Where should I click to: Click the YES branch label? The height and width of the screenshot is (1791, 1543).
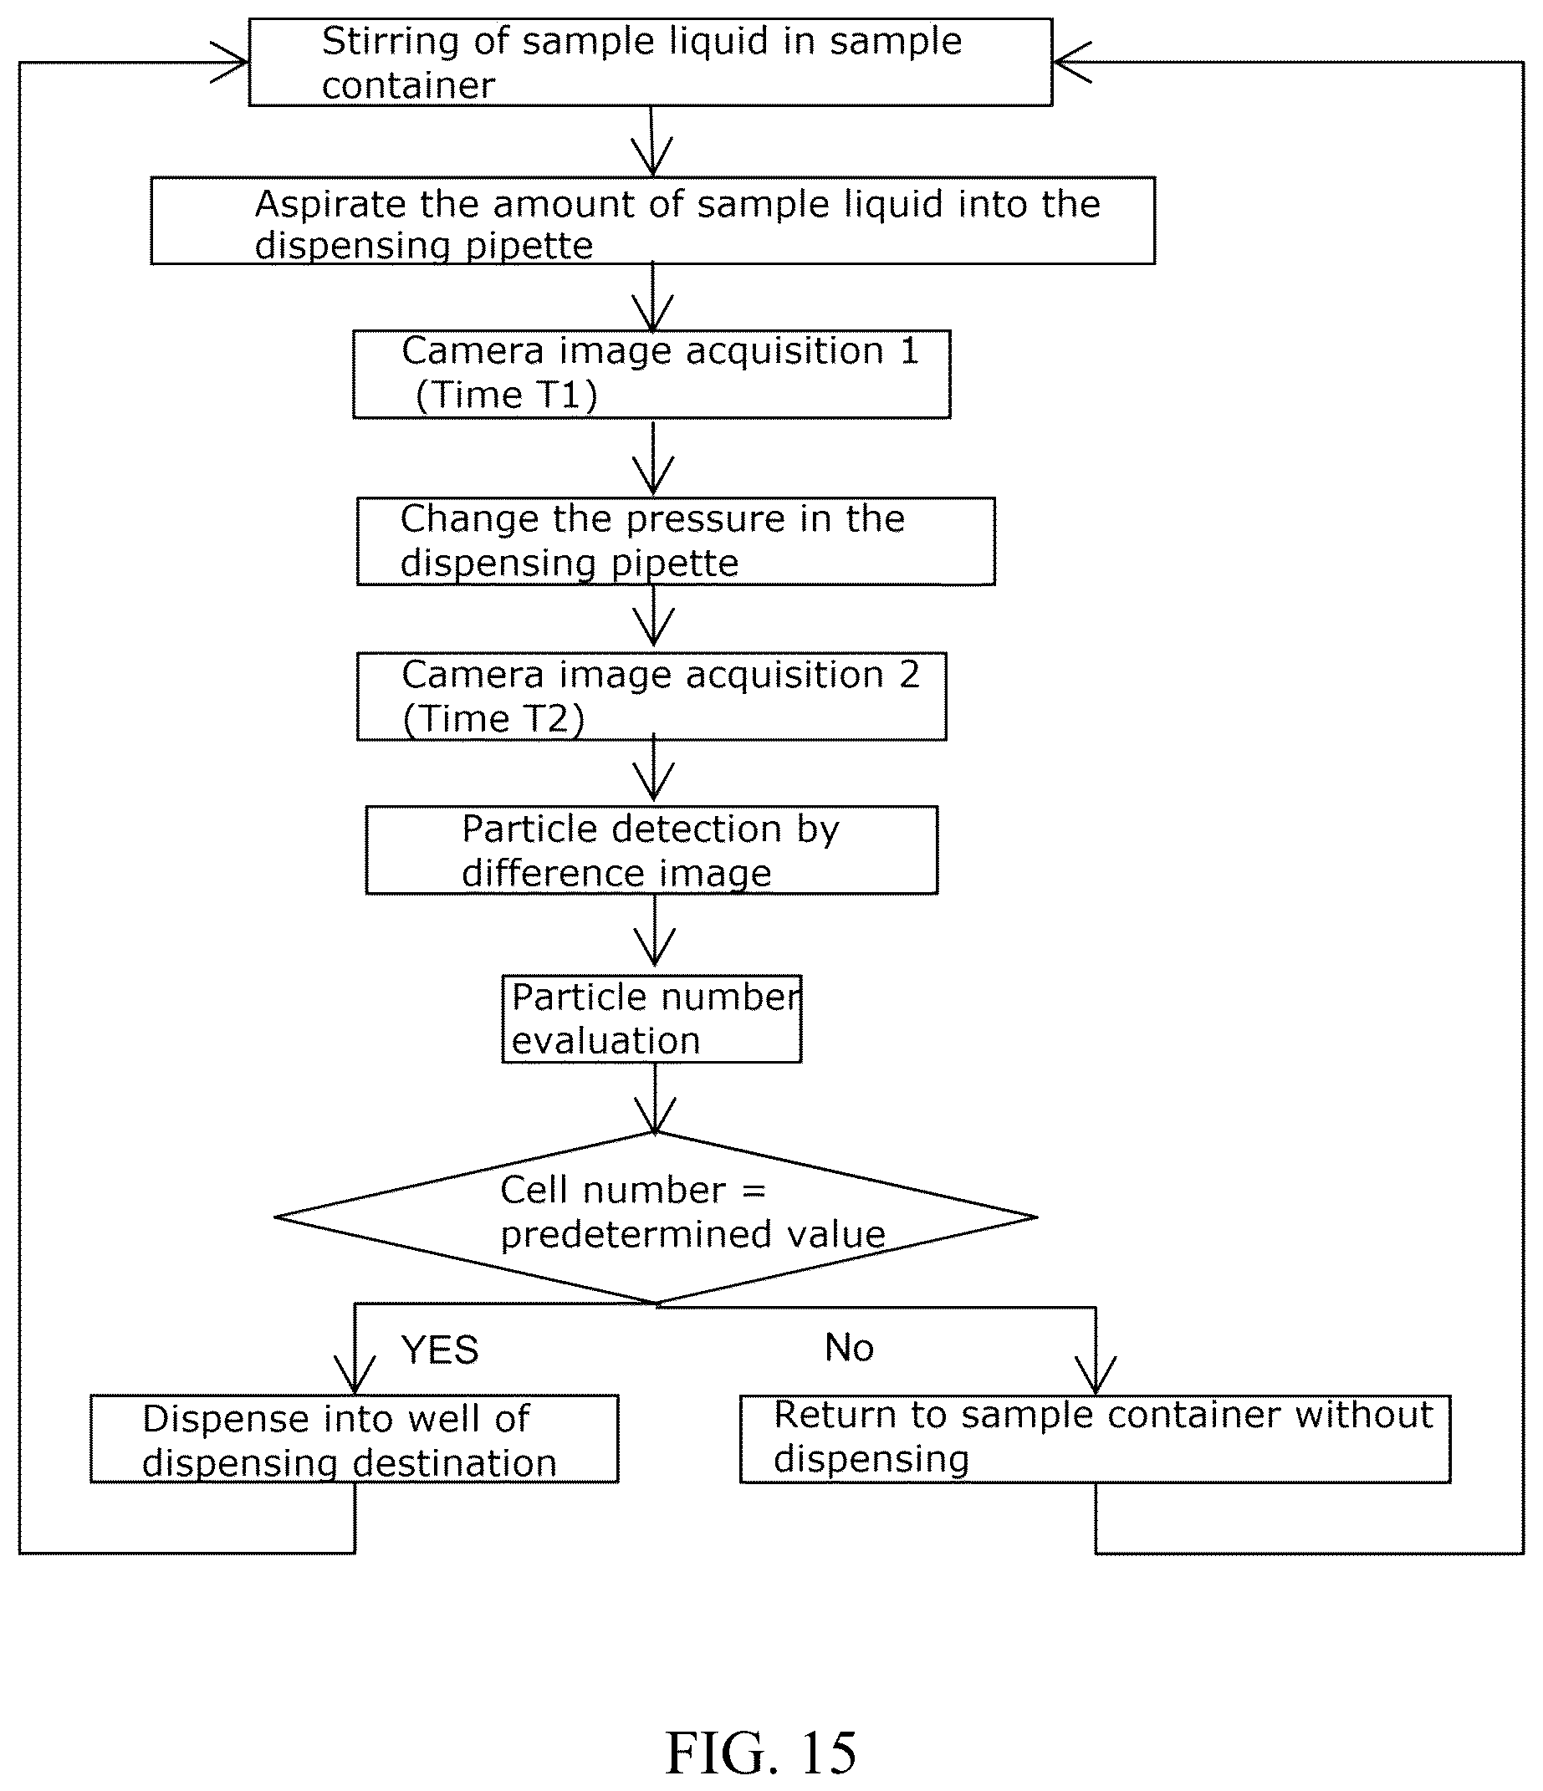tap(439, 1350)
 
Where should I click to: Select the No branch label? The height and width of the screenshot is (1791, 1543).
tap(849, 1348)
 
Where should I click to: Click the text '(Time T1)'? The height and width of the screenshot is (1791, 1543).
tap(507, 395)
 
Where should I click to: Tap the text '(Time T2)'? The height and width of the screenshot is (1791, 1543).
tap(493, 719)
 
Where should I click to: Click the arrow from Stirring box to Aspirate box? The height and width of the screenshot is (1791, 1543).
tap(651, 142)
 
